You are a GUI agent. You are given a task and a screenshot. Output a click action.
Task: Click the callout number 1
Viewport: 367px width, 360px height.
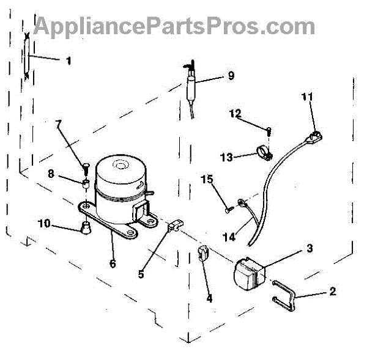pos(68,61)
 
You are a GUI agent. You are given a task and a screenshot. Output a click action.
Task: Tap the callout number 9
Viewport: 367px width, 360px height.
pos(231,76)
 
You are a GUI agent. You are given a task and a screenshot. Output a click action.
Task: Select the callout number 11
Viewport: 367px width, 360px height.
pos(307,97)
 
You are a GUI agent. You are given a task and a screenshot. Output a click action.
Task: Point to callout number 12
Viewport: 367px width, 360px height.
pos(235,114)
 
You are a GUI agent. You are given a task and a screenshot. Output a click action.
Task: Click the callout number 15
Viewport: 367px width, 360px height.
pos(207,180)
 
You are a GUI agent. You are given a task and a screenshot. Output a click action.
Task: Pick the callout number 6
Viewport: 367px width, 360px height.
pos(113,264)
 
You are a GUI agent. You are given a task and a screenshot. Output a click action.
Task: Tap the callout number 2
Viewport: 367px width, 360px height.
pos(333,292)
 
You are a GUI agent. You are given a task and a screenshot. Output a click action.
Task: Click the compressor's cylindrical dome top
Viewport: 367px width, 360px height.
pos(120,171)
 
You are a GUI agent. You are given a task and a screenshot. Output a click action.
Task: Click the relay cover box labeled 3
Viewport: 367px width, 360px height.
pos(250,274)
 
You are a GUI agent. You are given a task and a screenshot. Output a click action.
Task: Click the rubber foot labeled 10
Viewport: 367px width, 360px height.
pos(86,228)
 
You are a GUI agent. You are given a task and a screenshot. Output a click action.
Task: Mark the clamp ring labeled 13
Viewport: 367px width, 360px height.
pos(264,153)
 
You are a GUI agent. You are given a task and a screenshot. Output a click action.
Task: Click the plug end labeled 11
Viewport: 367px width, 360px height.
pos(314,137)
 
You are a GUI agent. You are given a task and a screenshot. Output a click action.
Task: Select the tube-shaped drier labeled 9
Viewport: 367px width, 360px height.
pos(191,87)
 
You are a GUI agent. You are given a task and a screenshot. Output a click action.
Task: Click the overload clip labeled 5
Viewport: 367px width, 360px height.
pos(176,226)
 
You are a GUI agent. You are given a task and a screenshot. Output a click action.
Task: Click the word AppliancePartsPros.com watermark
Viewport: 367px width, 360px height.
pos(174,26)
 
